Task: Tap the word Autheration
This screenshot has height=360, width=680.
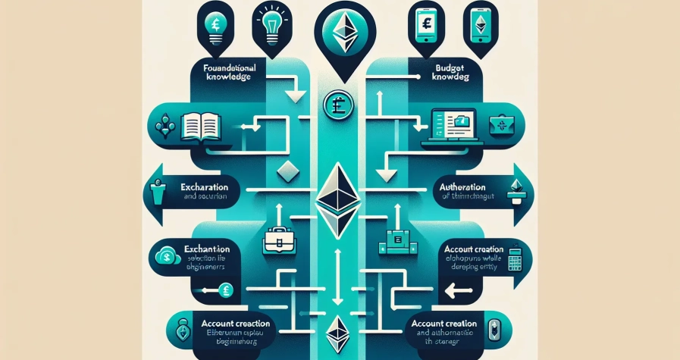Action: point(465,186)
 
